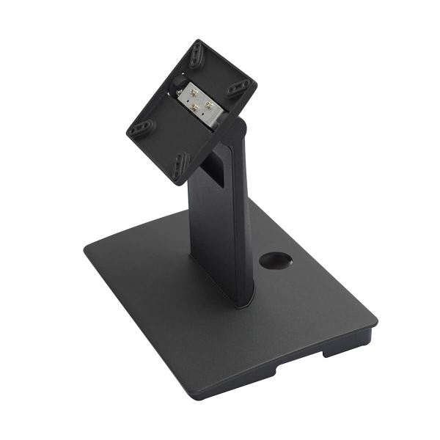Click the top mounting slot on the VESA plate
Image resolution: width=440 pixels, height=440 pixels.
(x=197, y=55)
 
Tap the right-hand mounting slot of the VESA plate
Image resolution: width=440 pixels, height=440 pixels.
(x=238, y=88)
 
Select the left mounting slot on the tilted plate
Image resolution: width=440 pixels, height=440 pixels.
(x=142, y=128)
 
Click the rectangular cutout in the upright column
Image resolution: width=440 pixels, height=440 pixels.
(x=213, y=168)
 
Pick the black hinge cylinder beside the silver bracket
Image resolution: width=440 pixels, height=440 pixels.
(x=178, y=92)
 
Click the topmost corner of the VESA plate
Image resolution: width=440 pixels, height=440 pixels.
(x=198, y=41)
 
